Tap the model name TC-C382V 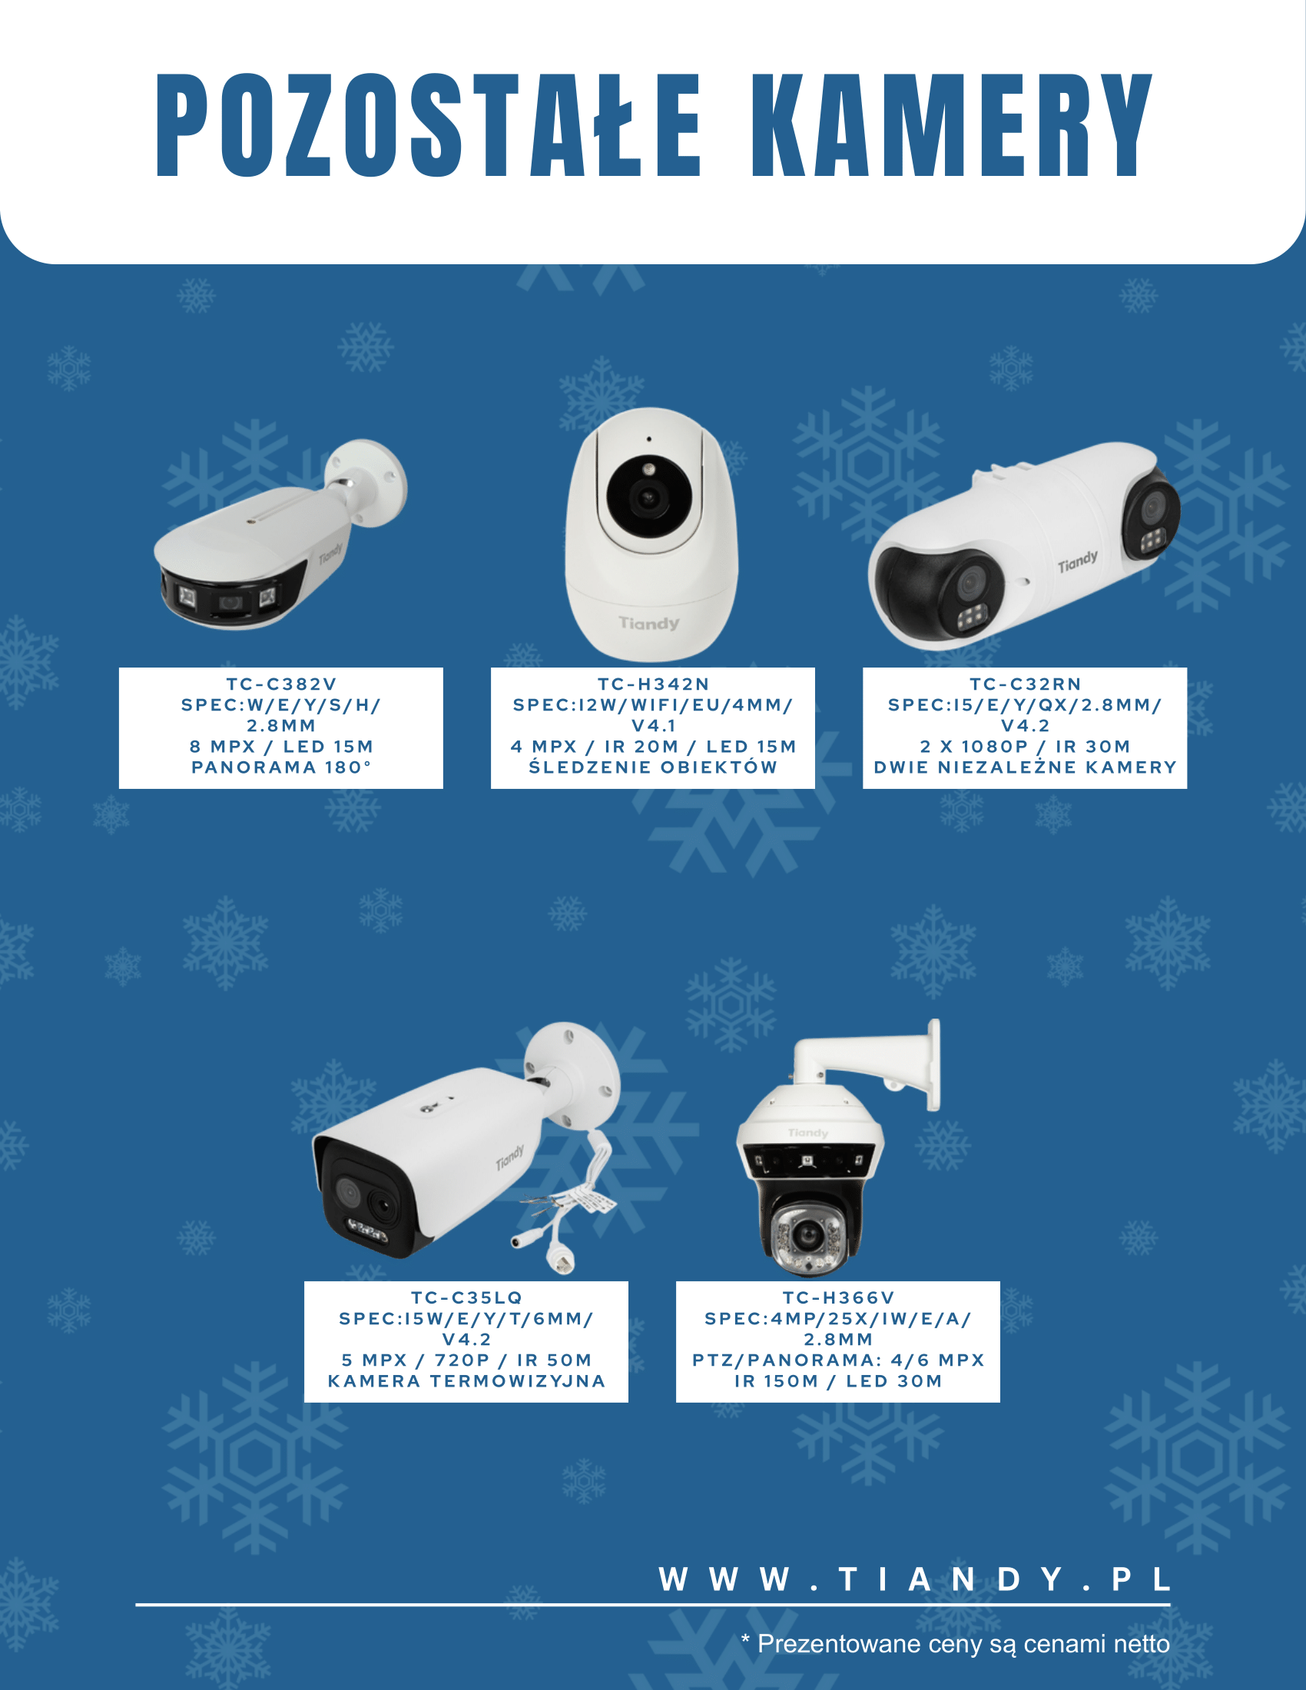tap(281, 684)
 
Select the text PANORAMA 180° tap(281, 767)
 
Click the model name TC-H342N tap(653, 684)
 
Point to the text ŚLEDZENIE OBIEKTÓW tap(653, 767)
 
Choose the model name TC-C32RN tap(1025, 684)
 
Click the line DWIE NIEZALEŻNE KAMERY tap(1025, 767)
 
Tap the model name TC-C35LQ tap(466, 1297)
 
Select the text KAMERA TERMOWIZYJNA tap(466, 1381)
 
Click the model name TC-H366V tap(838, 1297)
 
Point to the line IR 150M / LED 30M tap(838, 1381)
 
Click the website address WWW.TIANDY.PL tap(914, 1580)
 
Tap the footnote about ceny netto tap(956, 1645)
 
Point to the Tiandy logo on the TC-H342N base tap(648, 623)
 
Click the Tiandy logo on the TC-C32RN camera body tap(1078, 562)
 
